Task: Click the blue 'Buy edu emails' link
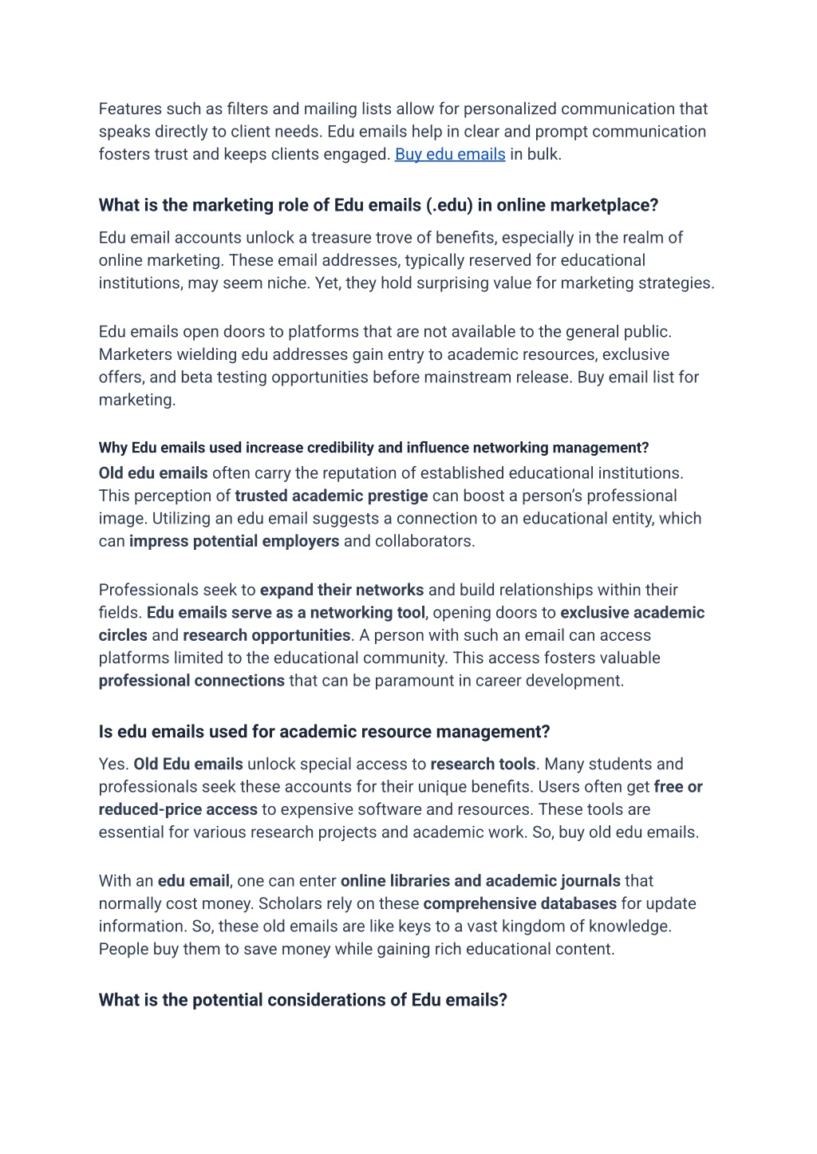coord(450,154)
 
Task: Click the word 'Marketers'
coord(134,354)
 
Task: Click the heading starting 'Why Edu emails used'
coord(373,448)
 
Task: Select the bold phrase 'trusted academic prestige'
coord(331,496)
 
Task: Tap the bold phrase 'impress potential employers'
coord(234,541)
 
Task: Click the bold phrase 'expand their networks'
coord(341,590)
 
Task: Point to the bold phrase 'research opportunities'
coord(266,635)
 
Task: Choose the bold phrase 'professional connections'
coord(191,681)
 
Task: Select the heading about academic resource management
coord(324,732)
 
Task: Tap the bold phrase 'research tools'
coord(483,764)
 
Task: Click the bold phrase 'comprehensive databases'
coord(519,903)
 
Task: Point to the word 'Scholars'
coord(288,903)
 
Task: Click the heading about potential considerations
coord(302,1000)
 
